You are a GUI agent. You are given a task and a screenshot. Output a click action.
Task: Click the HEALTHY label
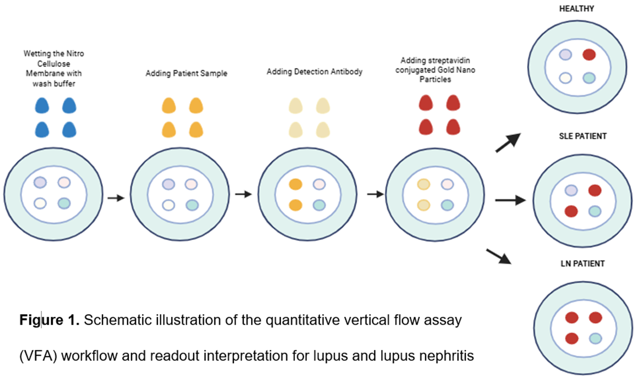coord(576,9)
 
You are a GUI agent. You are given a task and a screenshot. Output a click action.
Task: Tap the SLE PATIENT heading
coord(582,136)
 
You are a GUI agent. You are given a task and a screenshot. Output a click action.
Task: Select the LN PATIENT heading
coord(582,264)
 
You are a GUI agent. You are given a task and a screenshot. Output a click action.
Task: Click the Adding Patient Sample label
coord(186,73)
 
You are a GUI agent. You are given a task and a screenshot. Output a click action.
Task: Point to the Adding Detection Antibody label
coord(314,72)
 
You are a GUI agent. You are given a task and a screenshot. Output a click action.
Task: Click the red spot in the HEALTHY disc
coord(589,55)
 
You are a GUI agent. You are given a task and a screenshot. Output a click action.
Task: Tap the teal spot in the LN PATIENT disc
coord(596,338)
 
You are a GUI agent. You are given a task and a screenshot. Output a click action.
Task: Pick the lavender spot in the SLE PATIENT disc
coord(571,190)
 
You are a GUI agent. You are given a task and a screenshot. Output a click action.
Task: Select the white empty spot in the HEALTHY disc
coord(565,78)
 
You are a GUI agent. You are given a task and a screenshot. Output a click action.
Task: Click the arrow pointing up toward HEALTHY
coord(508,143)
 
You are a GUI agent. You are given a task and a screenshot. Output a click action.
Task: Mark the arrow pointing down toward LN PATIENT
coord(498,257)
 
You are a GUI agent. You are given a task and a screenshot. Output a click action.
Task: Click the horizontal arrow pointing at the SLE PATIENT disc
coord(510,200)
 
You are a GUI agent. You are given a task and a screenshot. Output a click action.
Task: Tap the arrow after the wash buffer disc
coord(116,198)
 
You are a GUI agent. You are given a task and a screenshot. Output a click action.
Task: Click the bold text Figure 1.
coord(49,320)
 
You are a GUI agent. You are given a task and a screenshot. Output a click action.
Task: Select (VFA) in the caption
coord(38,356)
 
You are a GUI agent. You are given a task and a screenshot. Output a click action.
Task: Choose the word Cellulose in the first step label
coord(54,64)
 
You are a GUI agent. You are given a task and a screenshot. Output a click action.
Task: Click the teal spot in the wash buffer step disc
coord(64,203)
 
